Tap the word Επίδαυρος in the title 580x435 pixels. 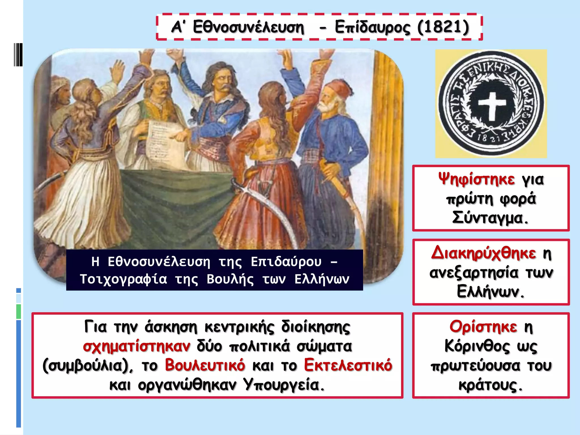click(372, 27)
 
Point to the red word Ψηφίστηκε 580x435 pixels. click(477, 179)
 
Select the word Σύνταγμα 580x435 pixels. click(490, 218)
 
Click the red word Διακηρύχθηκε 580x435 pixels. click(483, 253)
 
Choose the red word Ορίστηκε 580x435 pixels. click(483, 327)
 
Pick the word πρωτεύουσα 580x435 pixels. click(475, 365)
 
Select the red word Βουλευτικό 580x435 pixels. click(205, 365)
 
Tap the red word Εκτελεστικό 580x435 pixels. click(348, 365)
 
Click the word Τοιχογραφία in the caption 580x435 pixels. click(123, 279)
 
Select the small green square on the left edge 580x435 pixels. click(19, 311)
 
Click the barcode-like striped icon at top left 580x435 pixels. click(18, 55)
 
